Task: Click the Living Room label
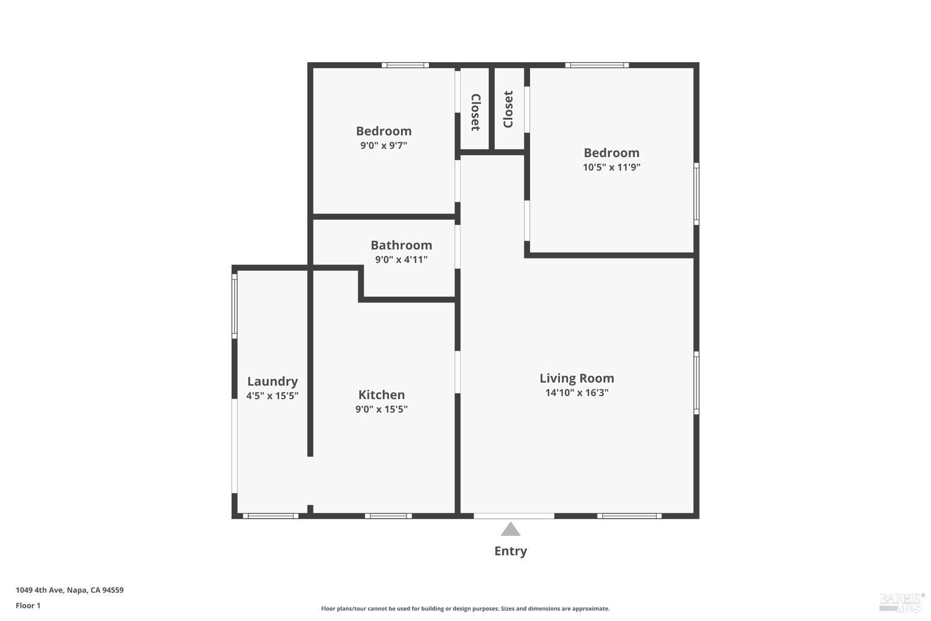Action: click(577, 378)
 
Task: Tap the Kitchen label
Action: click(381, 395)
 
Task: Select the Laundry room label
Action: click(272, 381)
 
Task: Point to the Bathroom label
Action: click(401, 245)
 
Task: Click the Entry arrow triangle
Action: click(510, 529)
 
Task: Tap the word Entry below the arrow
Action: click(510, 551)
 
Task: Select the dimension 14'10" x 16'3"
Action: click(577, 392)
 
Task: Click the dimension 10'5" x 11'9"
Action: click(611, 167)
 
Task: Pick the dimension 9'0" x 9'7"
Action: click(384, 145)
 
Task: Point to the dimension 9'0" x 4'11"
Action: click(401, 260)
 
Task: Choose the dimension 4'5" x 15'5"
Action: click(272, 396)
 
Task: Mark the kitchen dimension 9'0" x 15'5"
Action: click(381, 409)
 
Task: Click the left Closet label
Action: click(475, 112)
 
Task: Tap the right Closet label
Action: click(508, 109)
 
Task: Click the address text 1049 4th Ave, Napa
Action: click(70, 590)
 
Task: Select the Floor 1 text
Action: click(28, 605)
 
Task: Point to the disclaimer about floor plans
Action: click(465, 609)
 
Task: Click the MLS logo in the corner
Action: click(901, 601)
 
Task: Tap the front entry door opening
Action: click(514, 516)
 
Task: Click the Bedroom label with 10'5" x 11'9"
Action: click(611, 153)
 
